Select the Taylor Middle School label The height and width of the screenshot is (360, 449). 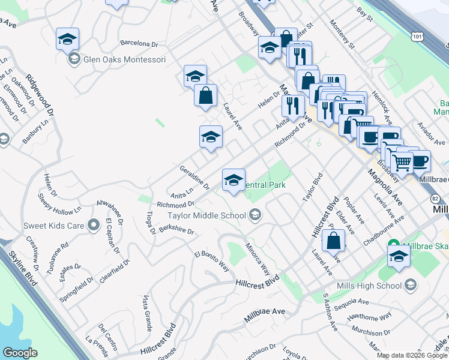206,215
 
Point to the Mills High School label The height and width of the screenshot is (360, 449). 369,286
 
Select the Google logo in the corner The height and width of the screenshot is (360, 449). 20,353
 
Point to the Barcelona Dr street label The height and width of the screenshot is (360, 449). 138,44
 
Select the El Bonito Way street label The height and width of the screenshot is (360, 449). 211,262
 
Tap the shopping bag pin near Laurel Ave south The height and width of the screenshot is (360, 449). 333,239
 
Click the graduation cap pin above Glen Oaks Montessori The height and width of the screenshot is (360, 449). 67,40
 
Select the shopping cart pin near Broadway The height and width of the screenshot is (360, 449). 402,161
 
